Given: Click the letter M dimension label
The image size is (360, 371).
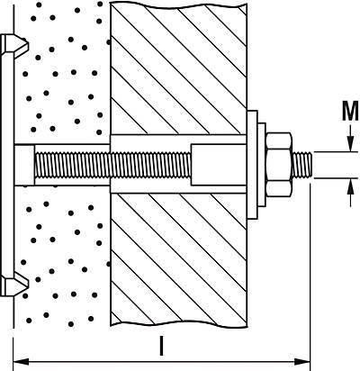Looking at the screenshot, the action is pos(350,111).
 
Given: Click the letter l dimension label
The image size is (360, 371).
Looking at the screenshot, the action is pos(162,346).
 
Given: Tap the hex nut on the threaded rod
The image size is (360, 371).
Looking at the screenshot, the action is pos(279,165).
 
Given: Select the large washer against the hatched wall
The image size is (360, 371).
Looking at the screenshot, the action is pos(252,165).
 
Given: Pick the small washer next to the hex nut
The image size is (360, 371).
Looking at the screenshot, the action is pos(262,165).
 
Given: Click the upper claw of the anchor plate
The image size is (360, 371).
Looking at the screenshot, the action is pos(15,44).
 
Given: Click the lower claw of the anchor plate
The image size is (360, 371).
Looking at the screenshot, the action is pos(15,285).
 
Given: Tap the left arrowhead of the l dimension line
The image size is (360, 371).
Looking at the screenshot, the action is pos(21,361).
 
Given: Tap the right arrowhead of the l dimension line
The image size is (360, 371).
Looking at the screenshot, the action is pos(302,361).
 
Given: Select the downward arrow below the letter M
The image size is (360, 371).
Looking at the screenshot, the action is pos(350,138).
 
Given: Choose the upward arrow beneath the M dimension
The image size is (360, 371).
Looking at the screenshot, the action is pos(350,193).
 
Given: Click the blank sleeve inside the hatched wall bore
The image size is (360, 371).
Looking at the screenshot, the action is pos(219,165).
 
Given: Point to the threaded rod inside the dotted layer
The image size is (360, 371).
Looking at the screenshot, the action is pos(72,165).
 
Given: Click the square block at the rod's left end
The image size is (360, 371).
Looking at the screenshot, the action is pos(24,165).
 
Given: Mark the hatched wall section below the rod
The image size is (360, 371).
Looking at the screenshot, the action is pos(179,259).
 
